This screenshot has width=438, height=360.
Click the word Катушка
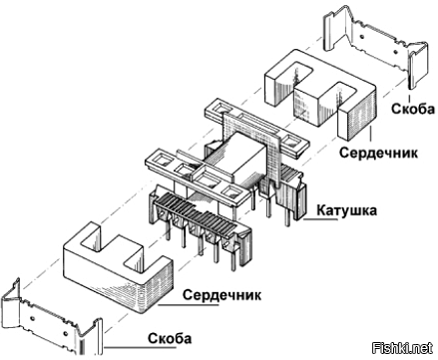click(x=349, y=210)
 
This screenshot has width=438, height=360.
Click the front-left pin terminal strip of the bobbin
click(x=190, y=224)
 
